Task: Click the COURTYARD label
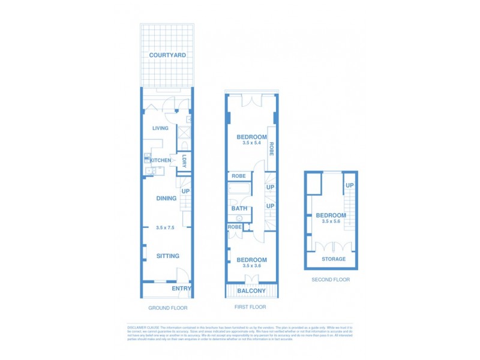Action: (167, 55)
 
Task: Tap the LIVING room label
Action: (160, 128)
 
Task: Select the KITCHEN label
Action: (160, 160)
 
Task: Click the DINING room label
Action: (166, 198)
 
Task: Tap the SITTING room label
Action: (168, 256)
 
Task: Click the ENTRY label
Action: (181, 289)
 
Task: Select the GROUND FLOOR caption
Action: (168, 308)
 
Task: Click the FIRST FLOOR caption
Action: (251, 307)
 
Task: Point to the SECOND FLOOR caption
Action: (331, 280)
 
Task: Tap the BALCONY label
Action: (252, 291)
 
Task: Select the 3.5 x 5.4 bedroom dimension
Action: (251, 143)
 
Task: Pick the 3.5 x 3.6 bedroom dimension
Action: (251, 266)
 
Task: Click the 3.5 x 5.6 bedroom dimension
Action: (331, 222)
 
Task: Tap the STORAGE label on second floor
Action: (334, 259)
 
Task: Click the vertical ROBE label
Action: (271, 149)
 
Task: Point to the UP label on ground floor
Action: (186, 191)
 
